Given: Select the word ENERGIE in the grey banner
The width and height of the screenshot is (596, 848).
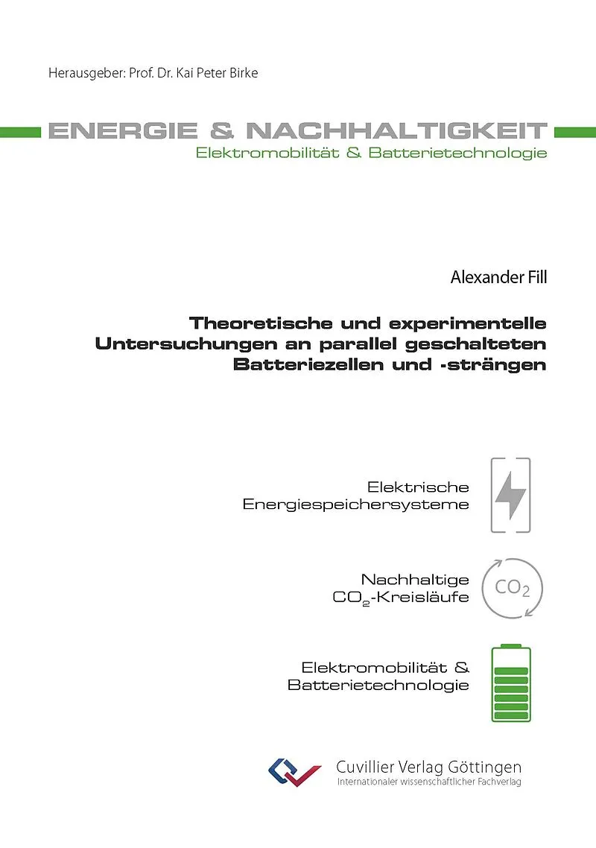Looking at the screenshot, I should click(123, 131).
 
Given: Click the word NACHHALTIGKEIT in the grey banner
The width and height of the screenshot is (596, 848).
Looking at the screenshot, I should click(396, 131).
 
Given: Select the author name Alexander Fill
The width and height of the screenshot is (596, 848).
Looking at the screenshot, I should click(498, 279).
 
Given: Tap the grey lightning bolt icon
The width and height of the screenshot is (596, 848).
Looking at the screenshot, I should click(511, 495).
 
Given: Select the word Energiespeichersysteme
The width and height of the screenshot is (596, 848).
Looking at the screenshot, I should click(356, 504).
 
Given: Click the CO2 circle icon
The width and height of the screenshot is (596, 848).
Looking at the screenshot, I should click(513, 588).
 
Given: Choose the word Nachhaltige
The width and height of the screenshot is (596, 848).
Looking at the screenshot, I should click(415, 579).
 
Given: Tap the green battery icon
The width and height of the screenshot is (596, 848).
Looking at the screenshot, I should click(511, 683).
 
